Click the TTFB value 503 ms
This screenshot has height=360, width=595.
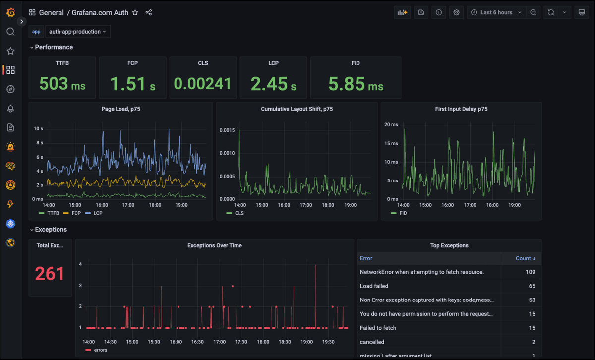[x=62, y=84]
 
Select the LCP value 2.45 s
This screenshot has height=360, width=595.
[x=273, y=84]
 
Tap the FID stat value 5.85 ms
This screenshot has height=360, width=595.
[x=356, y=84]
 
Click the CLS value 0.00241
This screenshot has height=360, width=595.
[x=203, y=84]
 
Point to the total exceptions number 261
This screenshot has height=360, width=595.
[x=50, y=273]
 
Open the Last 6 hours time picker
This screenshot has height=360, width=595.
[x=496, y=12]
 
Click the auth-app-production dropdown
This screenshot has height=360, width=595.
[x=78, y=32]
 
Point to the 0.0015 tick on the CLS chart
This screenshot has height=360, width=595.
[x=227, y=130]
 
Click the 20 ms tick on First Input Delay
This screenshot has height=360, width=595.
[x=391, y=124]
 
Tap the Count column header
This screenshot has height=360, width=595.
[x=525, y=258]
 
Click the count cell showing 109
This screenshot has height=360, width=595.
[x=530, y=272]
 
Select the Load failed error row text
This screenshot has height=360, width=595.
[x=374, y=286]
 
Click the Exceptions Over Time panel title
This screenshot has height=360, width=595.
[x=215, y=245]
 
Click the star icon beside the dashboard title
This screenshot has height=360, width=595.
[x=135, y=12]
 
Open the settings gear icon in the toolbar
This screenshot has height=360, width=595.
[x=456, y=12]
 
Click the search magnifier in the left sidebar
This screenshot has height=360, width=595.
[x=10, y=32]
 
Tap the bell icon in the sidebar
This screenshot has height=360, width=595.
[x=10, y=109]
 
